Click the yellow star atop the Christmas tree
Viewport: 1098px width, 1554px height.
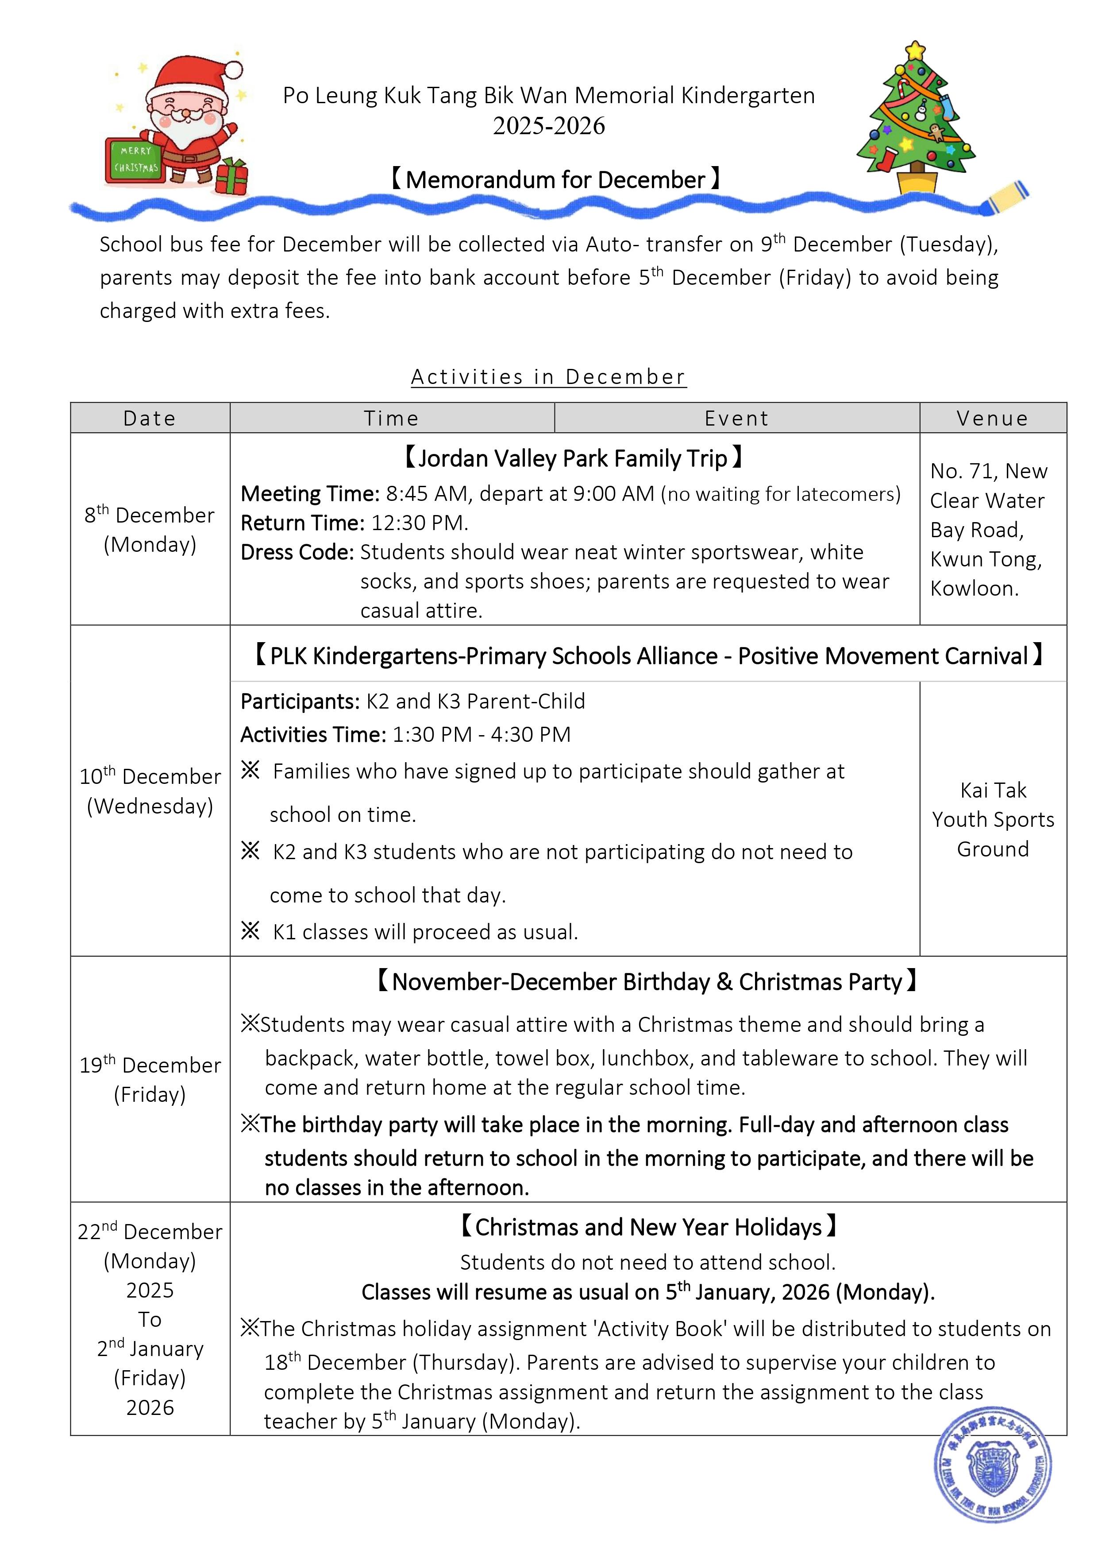(915, 50)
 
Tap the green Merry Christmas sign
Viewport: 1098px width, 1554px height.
(135, 160)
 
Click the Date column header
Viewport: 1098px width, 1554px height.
(150, 418)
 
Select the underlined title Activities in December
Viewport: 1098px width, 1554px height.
(549, 376)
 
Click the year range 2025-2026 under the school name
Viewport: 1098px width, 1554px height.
(549, 126)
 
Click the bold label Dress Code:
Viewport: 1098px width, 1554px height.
(297, 552)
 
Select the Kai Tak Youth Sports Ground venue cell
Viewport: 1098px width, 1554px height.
(993, 819)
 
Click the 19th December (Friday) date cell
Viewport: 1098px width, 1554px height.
(150, 1079)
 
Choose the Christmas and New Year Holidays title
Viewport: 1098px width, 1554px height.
(648, 1227)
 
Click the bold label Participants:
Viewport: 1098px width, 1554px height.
(300, 701)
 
